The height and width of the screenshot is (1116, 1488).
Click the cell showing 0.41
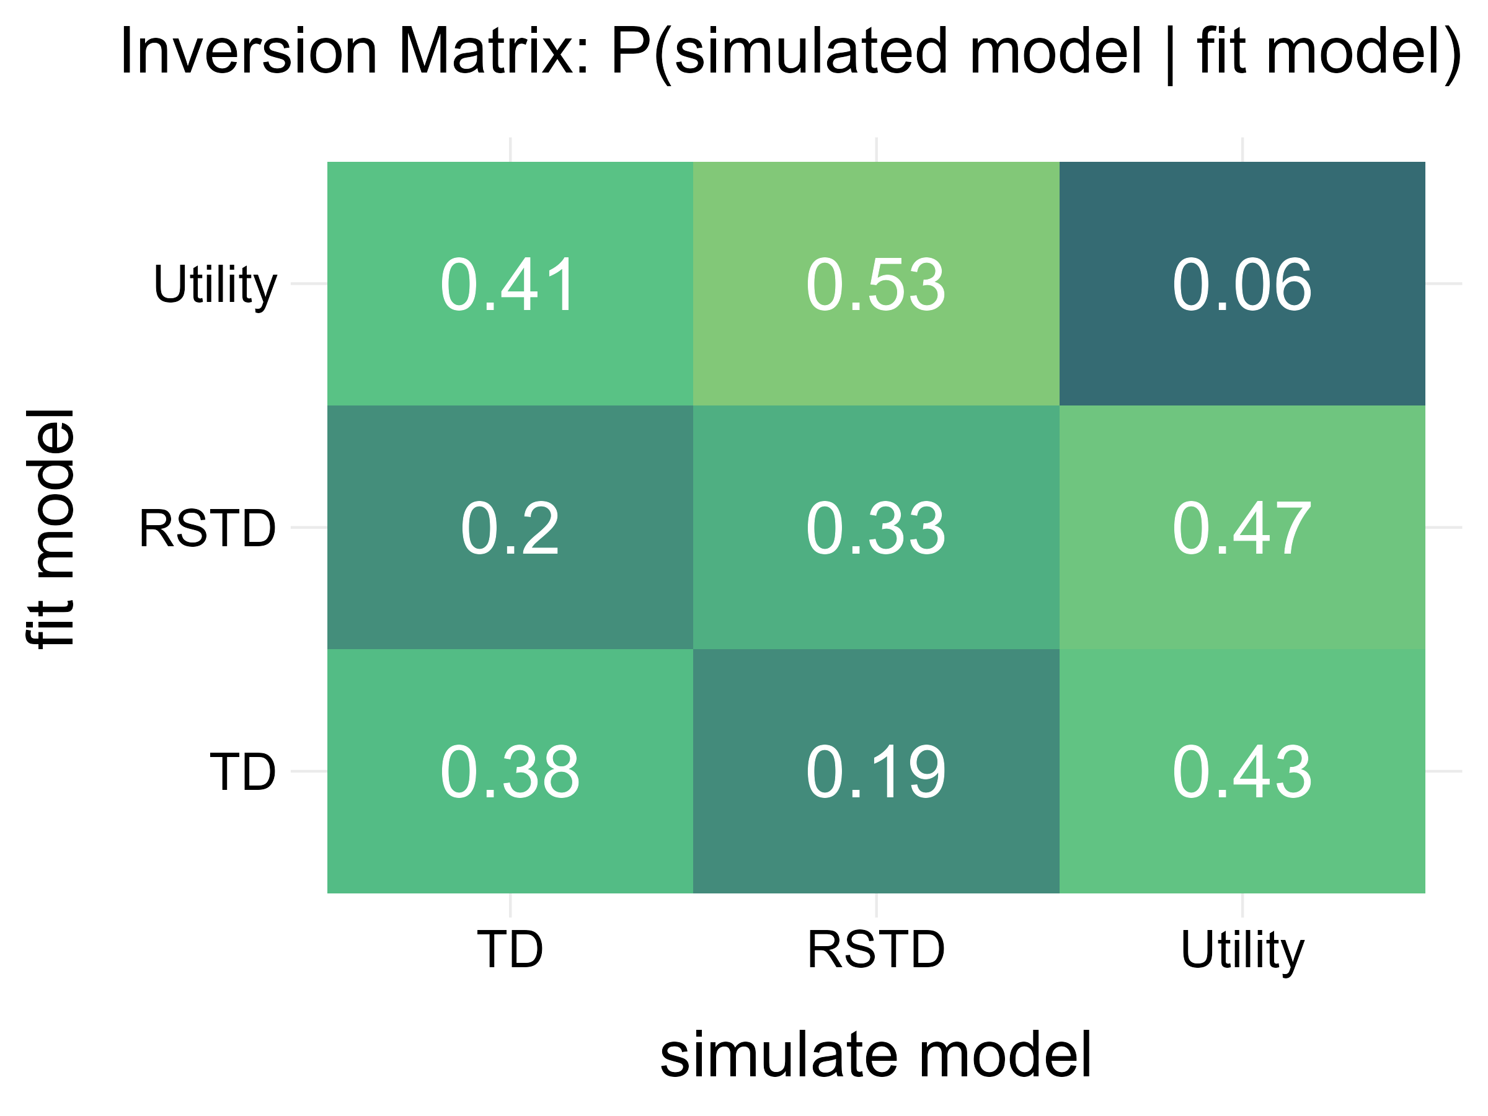tap(509, 285)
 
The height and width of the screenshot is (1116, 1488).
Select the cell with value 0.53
tap(875, 285)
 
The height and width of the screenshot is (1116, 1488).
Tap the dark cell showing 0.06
tap(1241, 285)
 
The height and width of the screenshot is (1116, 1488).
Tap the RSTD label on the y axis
tap(207, 529)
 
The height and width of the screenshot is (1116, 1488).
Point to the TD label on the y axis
tap(242, 771)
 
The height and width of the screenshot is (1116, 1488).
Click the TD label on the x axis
tap(509, 949)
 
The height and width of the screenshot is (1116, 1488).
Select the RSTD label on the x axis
tap(875, 949)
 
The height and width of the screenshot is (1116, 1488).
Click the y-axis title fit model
tap(51, 528)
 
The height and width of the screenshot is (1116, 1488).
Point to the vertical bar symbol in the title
tap(1169, 54)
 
